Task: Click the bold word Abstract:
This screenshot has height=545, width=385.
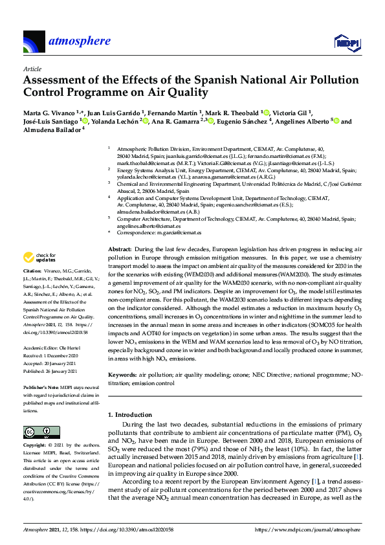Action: [x=118, y=249]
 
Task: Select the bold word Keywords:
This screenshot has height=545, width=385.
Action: [x=122, y=374]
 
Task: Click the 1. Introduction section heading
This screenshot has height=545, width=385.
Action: [x=132, y=414]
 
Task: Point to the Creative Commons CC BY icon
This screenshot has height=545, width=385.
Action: [x=38, y=432]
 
